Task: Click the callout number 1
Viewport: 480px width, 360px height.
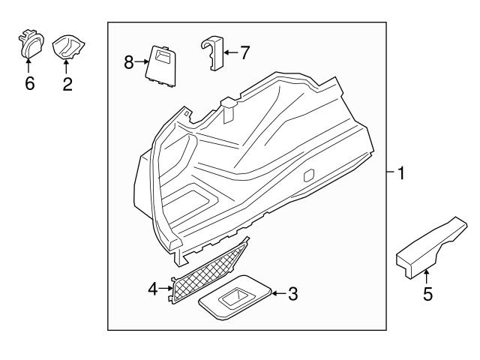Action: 401,173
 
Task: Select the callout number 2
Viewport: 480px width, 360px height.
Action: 67,83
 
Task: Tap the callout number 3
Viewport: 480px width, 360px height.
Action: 292,294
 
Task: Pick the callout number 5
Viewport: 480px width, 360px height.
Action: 427,295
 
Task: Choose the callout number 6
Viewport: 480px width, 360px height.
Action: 30,83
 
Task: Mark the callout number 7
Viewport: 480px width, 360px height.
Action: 244,52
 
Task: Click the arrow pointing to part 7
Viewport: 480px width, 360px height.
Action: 230,52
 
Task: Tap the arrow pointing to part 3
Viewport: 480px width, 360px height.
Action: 277,294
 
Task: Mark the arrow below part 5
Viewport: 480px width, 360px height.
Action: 427,277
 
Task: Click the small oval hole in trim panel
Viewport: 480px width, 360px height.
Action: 307,175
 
